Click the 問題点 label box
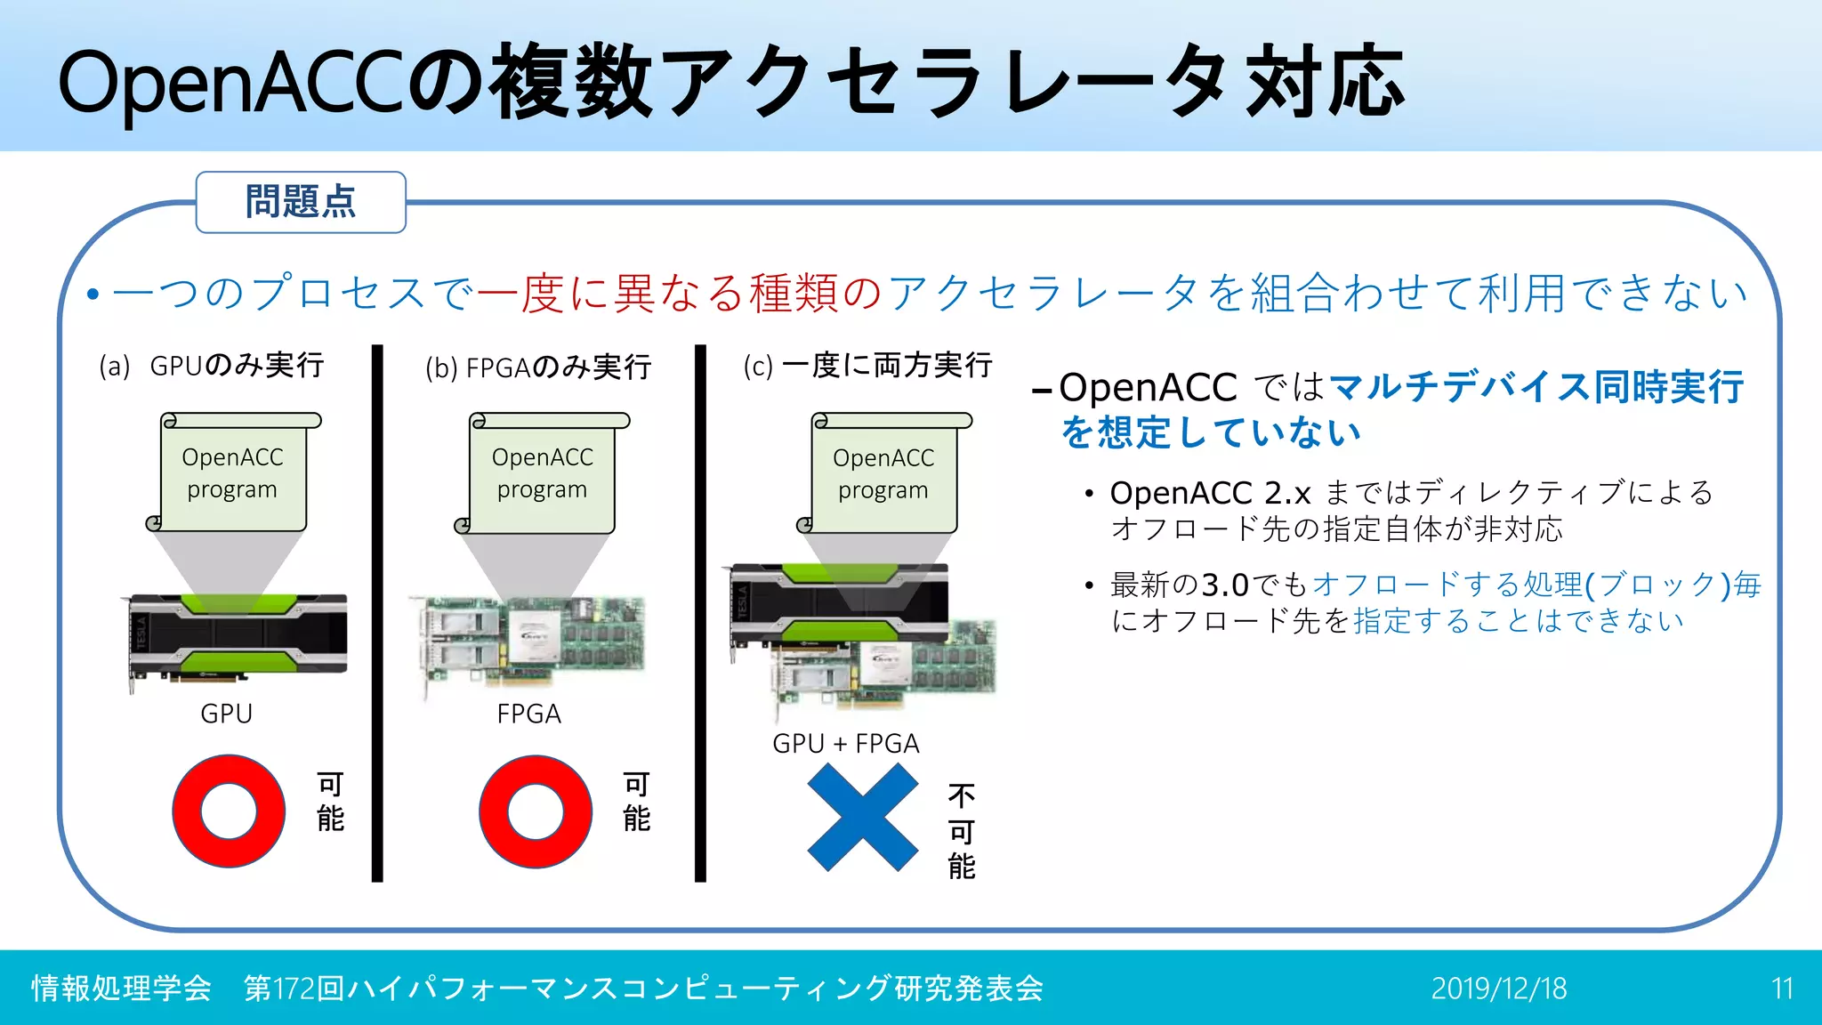click(x=301, y=202)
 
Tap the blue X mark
click(x=862, y=817)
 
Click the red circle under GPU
click(x=229, y=811)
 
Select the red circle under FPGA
click(x=536, y=811)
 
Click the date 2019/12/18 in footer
click(x=1499, y=989)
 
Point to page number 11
click(x=1781, y=989)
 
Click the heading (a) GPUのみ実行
click(x=212, y=366)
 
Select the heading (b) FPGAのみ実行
click(x=538, y=367)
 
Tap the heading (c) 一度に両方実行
click(x=867, y=366)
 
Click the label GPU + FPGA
click(x=845, y=743)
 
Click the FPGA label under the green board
click(x=528, y=714)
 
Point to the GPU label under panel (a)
click(x=226, y=714)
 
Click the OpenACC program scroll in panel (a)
click(x=233, y=473)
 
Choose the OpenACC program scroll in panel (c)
click(x=883, y=473)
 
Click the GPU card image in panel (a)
click(x=237, y=639)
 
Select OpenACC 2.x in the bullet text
click(x=1210, y=492)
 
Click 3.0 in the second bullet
click(x=1225, y=585)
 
